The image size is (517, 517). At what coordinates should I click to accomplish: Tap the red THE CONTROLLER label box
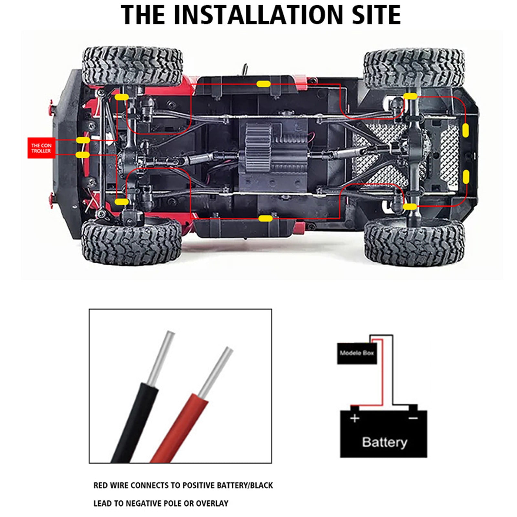(41, 148)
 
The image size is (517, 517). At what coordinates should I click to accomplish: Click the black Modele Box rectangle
(357, 353)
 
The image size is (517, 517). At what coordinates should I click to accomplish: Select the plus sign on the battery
(354, 418)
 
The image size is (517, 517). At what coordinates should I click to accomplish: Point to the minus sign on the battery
(413, 418)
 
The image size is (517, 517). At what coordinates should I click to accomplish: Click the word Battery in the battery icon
(384, 442)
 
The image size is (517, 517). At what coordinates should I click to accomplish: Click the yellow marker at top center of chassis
(263, 84)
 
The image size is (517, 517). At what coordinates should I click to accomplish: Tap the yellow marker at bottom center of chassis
(265, 218)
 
